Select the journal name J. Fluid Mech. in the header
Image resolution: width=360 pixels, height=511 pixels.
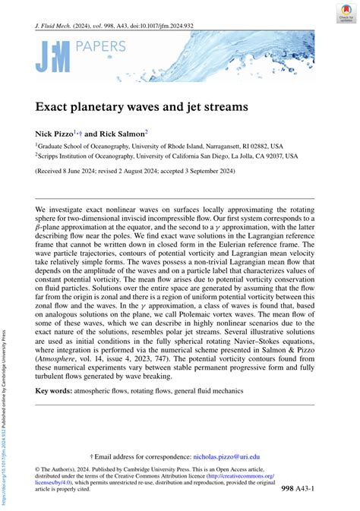coord(57,24)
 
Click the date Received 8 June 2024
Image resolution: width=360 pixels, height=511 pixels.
coord(72,171)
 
